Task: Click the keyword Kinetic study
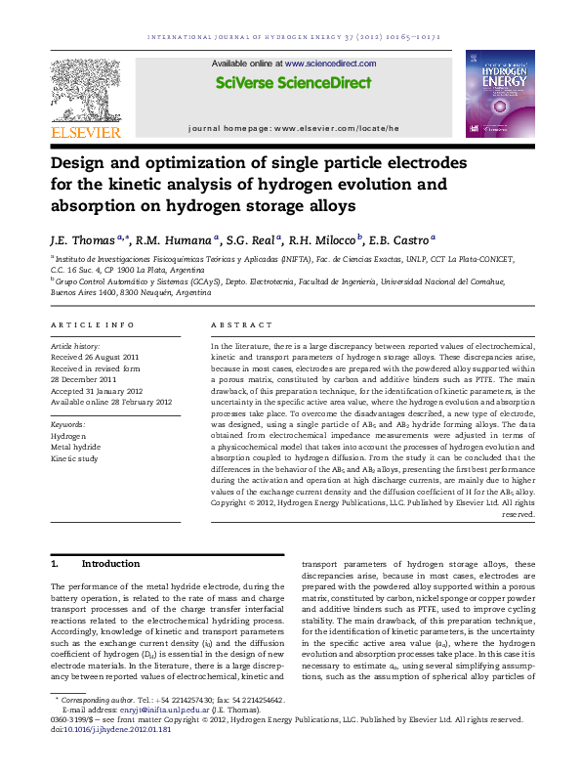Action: [x=75, y=457]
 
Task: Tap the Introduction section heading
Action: [x=110, y=564]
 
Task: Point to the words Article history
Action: [x=74, y=346]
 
